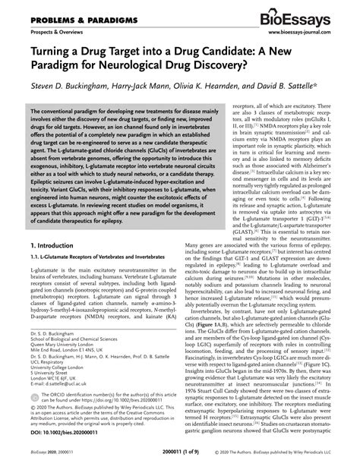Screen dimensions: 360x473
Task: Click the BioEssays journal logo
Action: [308, 18]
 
